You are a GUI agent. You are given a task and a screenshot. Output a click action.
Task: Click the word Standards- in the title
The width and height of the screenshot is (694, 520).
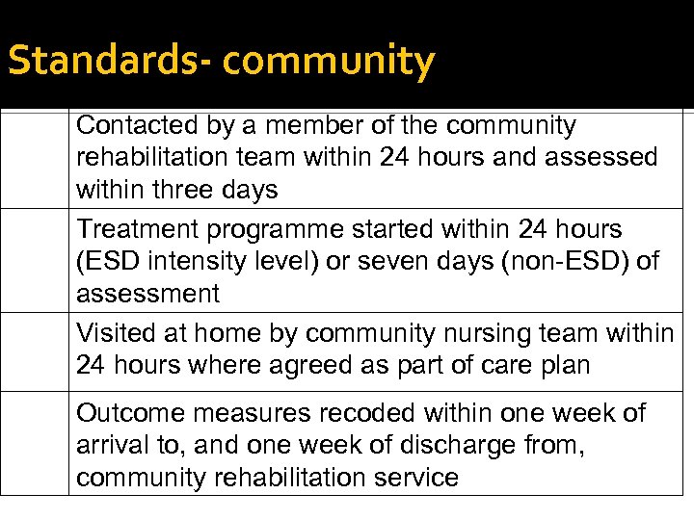[x=108, y=60]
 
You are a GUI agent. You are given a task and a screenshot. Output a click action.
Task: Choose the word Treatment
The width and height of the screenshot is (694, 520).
[x=139, y=229]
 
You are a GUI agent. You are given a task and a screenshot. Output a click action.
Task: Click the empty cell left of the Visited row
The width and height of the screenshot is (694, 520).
[x=35, y=351]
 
